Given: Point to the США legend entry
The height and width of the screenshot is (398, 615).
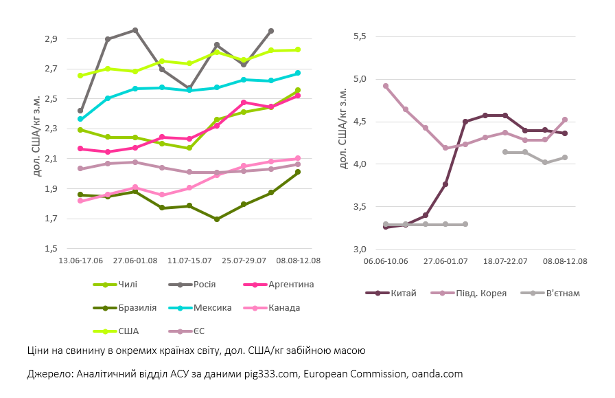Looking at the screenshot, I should click(128, 331).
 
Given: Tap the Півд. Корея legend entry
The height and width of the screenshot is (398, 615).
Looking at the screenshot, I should click(480, 294).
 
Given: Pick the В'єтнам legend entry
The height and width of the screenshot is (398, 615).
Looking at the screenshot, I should click(563, 294).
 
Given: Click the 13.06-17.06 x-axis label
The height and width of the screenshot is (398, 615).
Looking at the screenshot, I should click(81, 262).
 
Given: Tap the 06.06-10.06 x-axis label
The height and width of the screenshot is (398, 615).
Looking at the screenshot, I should click(386, 262).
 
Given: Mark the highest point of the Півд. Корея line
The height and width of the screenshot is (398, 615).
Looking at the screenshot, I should click(386, 86).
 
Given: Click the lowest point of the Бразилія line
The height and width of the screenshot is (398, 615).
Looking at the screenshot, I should click(217, 219).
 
